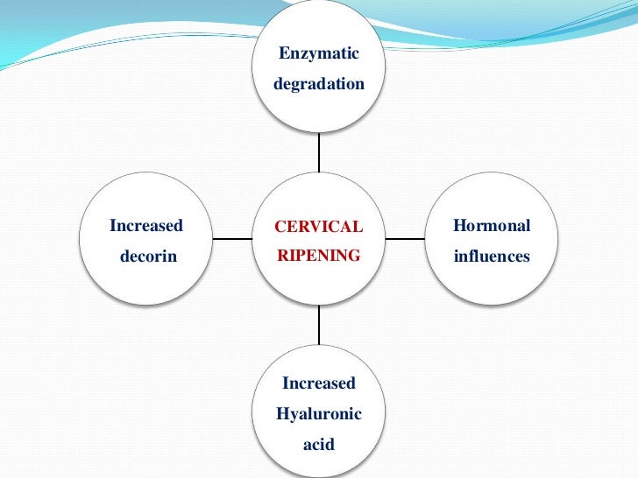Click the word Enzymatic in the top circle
(319, 54)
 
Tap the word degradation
(319, 85)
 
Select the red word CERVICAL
(318, 227)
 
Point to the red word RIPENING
(318, 257)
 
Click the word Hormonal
(492, 226)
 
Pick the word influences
(492, 257)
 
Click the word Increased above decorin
(146, 226)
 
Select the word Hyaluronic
(319, 413)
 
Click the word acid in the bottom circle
(319, 444)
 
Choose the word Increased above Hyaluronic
(319, 383)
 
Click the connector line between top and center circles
(319, 152)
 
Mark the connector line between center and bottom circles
(319, 326)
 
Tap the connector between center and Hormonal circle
(406, 238)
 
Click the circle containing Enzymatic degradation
(319, 109)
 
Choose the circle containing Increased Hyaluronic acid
(319, 359)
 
